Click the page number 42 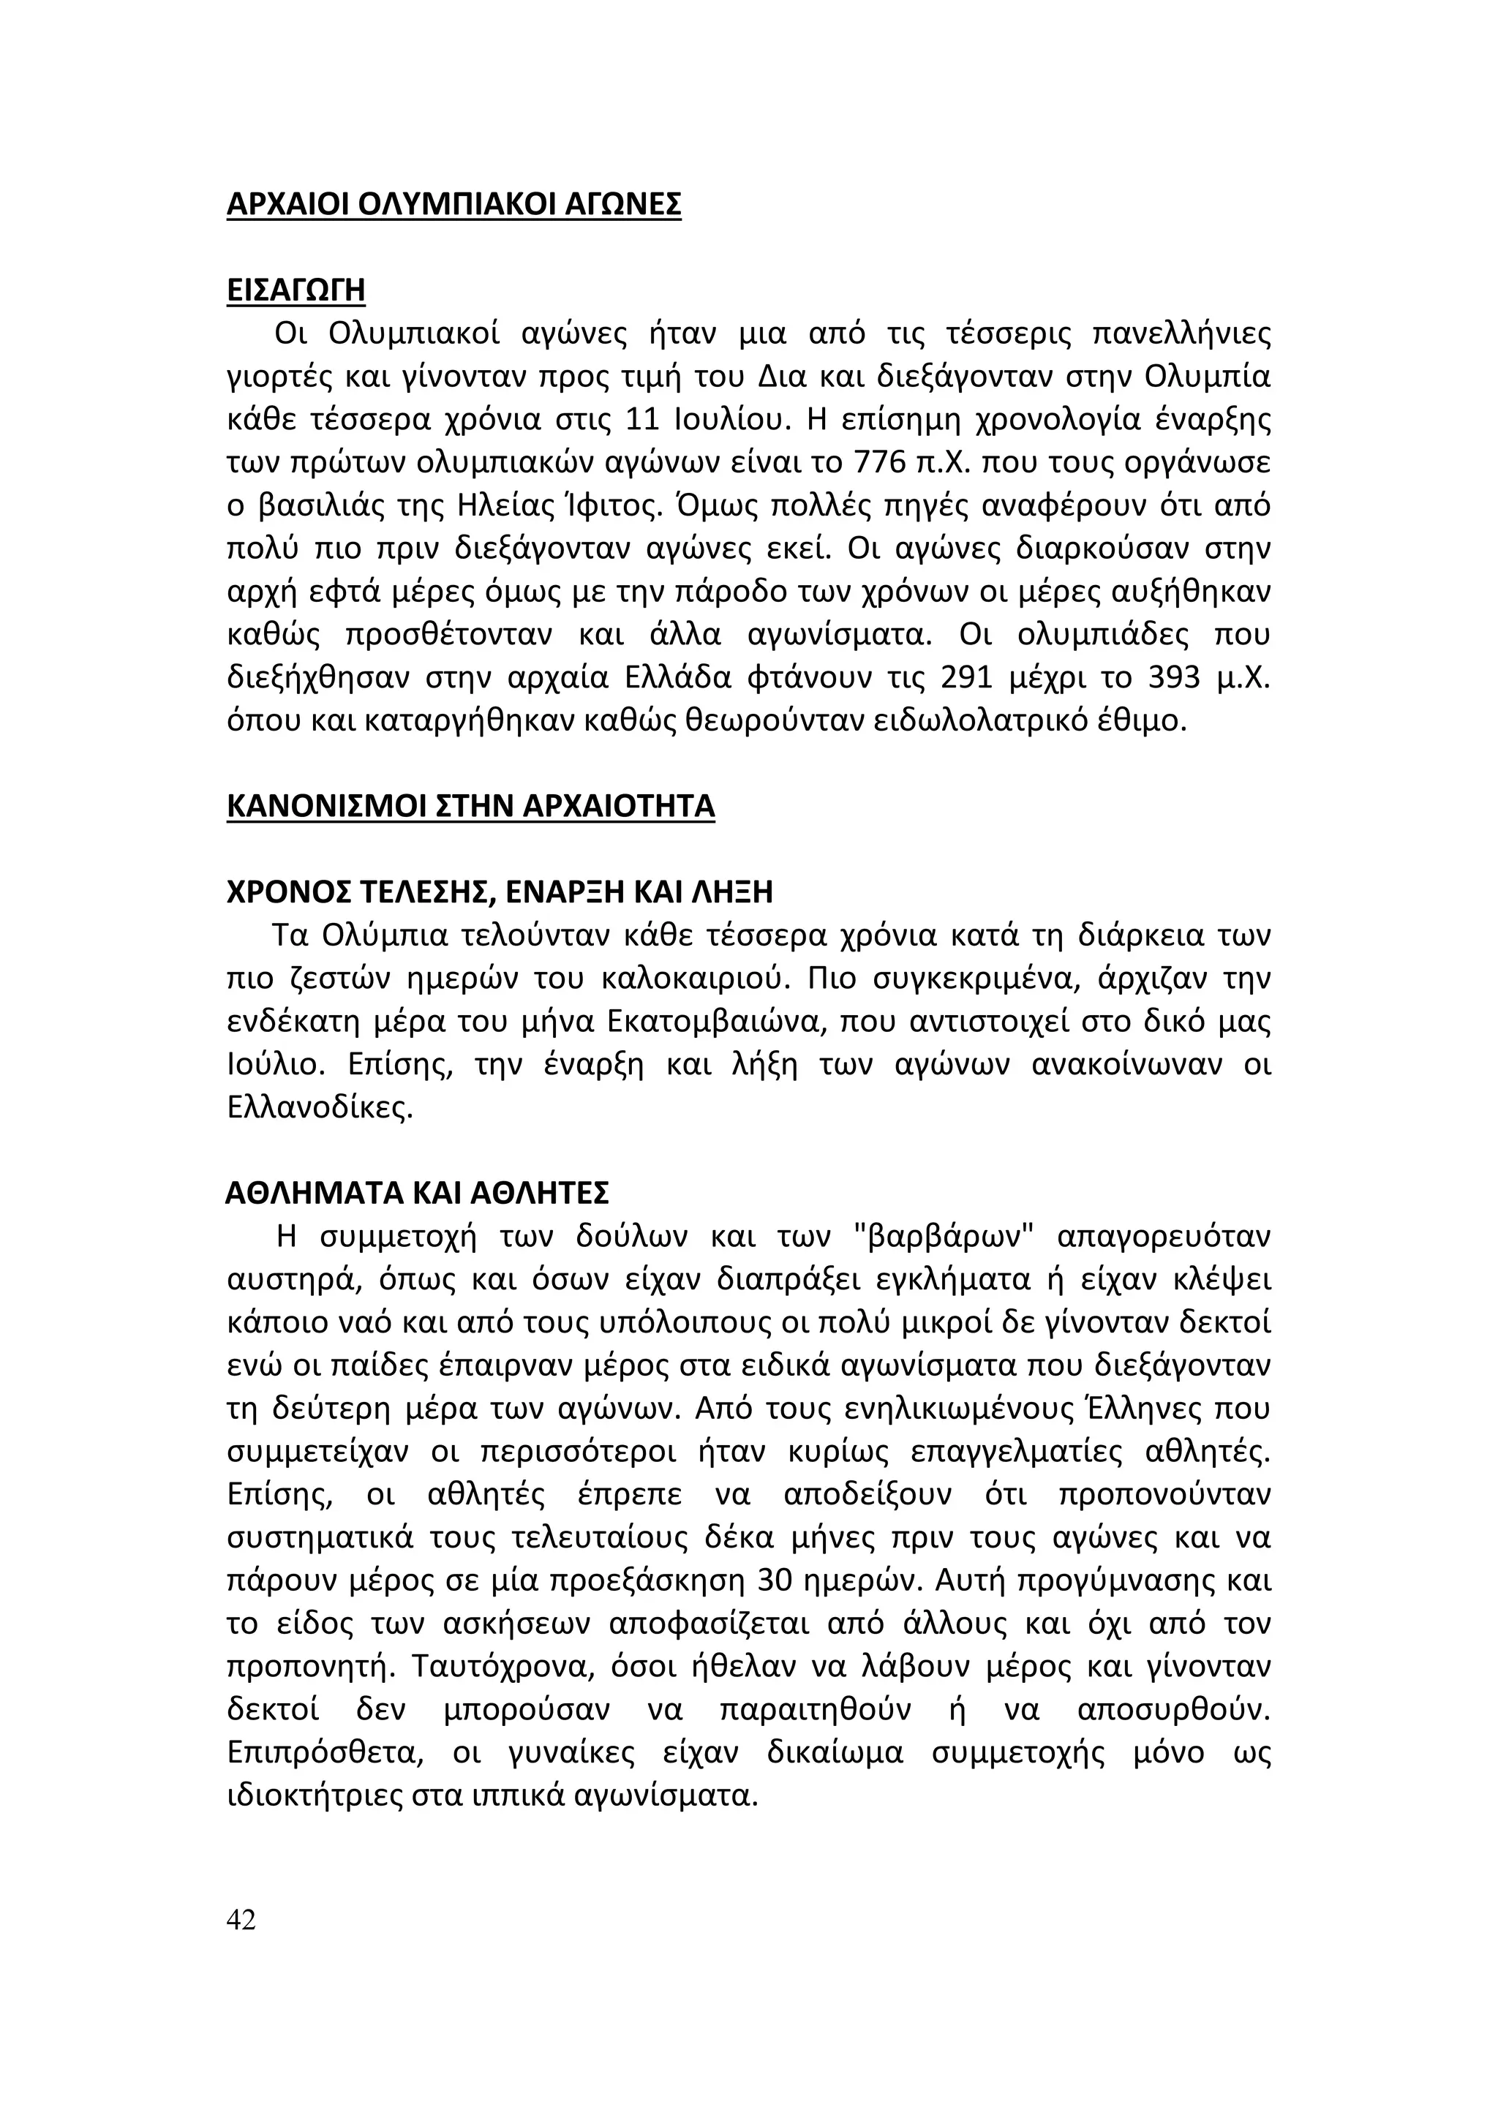click(x=241, y=1920)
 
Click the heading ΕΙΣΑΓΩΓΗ click(x=296, y=290)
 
